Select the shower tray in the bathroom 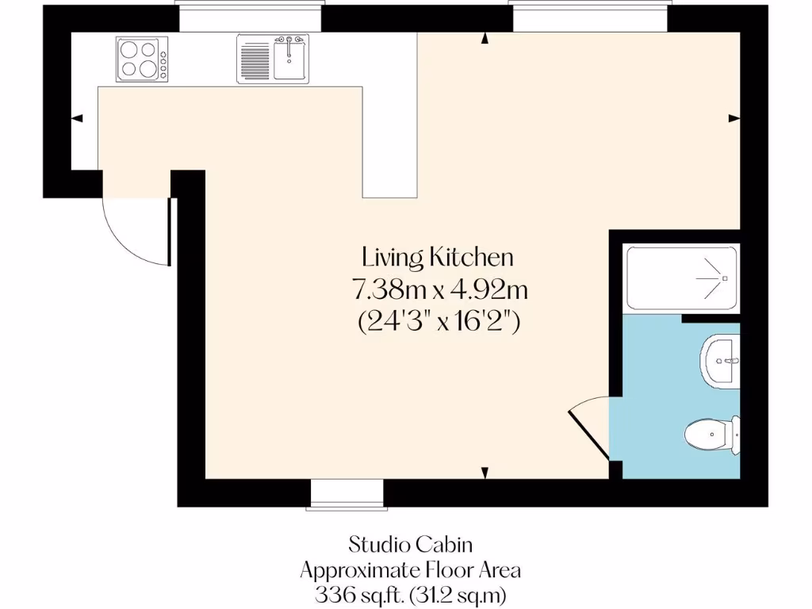pyautogui.click(x=682, y=278)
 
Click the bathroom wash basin pyautogui.click(x=720, y=361)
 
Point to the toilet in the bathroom pyautogui.click(x=711, y=434)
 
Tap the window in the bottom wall pyautogui.click(x=347, y=493)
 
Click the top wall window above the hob pyautogui.click(x=250, y=17)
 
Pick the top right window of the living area pyautogui.click(x=589, y=17)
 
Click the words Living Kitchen pyautogui.click(x=438, y=258)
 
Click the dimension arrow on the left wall pyautogui.click(x=77, y=119)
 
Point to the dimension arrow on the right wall pyautogui.click(x=734, y=119)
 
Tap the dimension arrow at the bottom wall pyautogui.click(x=485, y=473)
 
